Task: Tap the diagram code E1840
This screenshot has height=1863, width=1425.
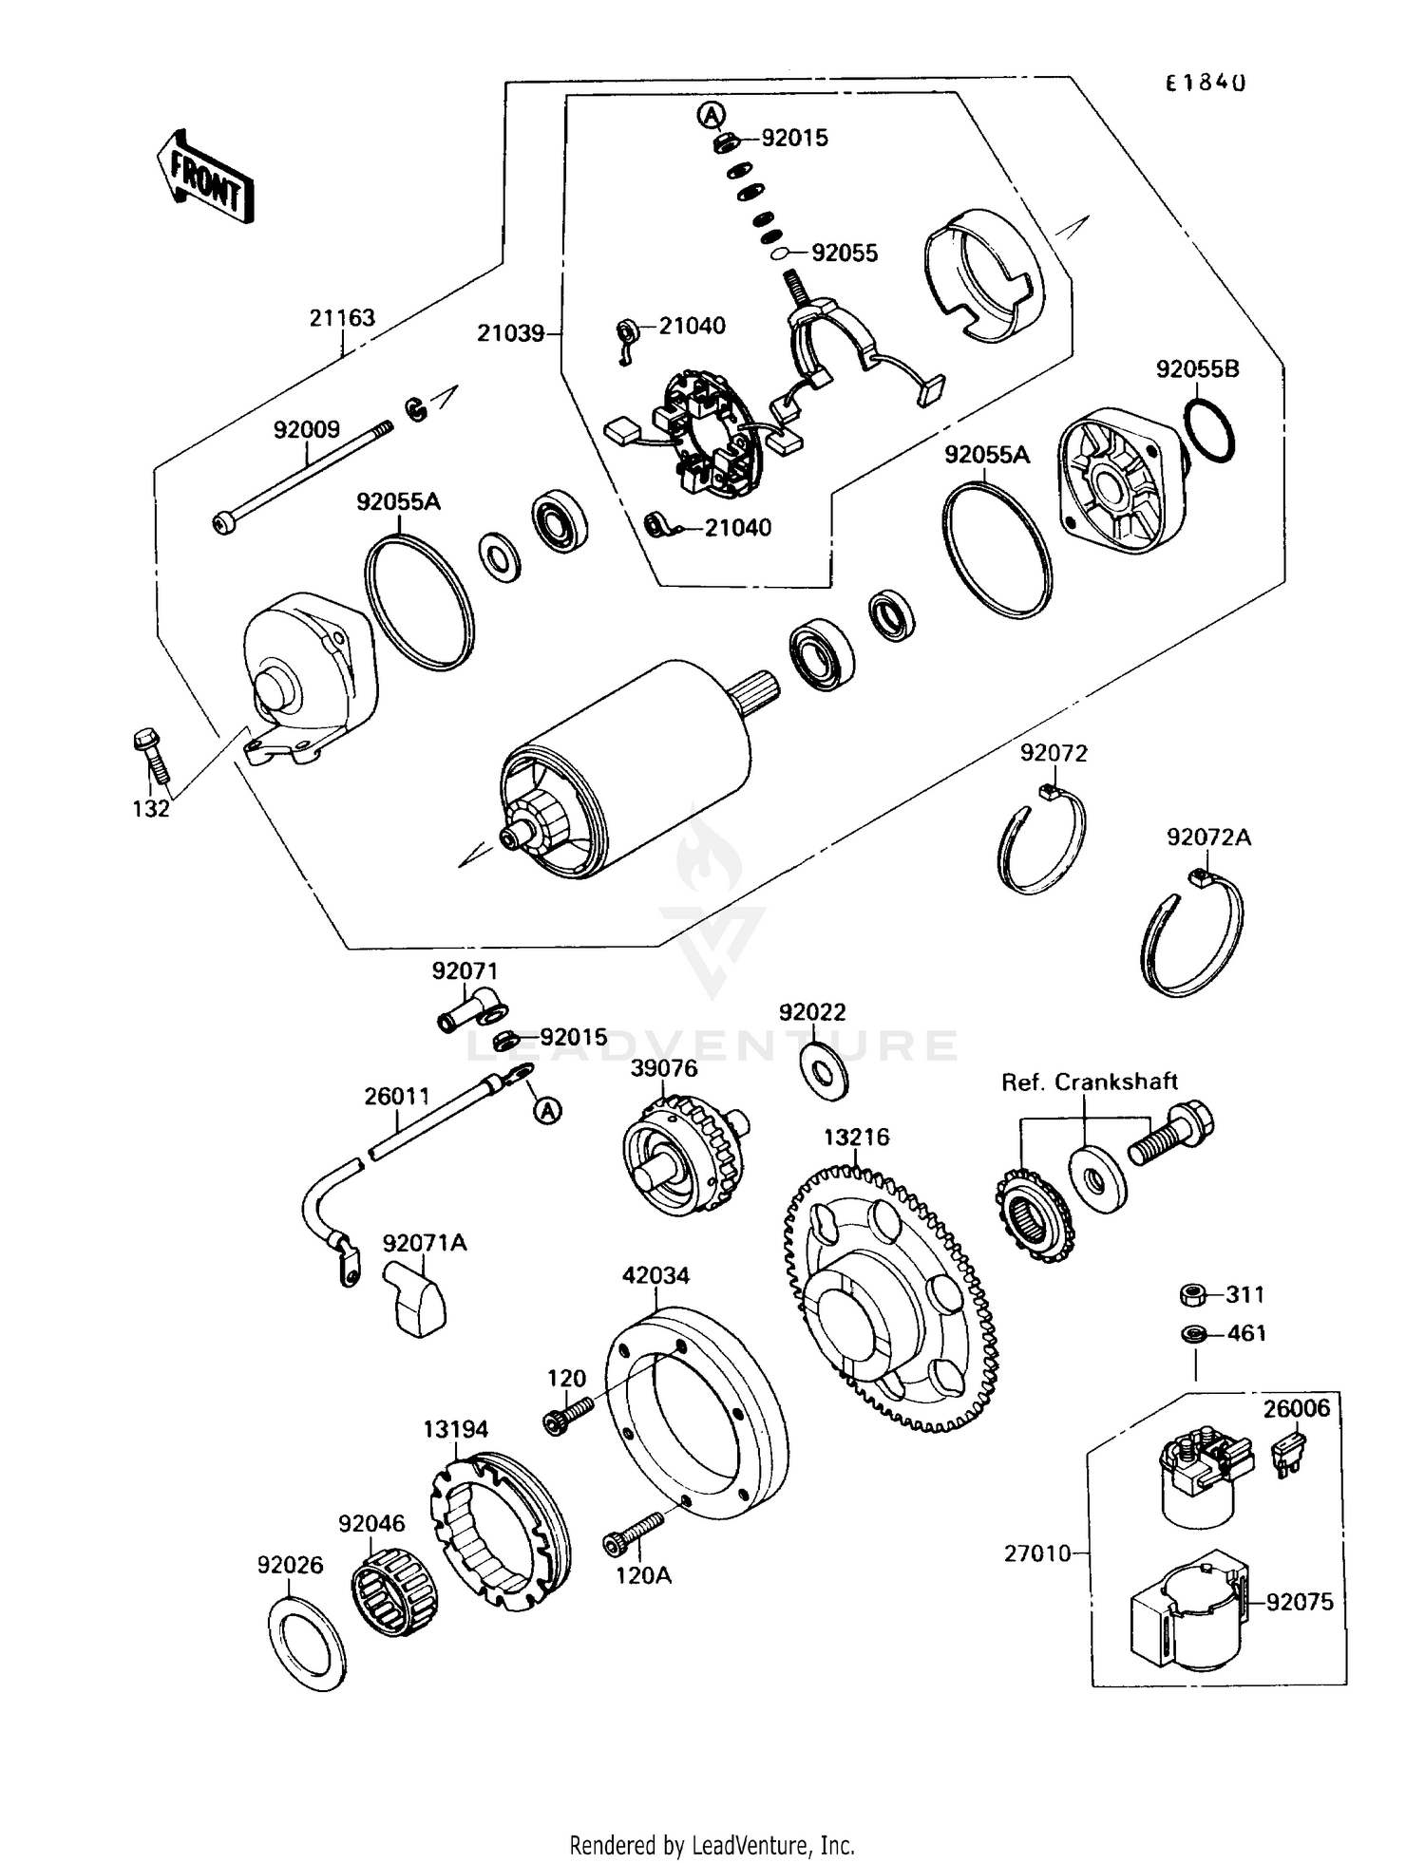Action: click(1206, 83)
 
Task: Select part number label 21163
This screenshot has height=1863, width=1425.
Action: click(342, 318)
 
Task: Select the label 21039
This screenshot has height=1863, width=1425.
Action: click(510, 333)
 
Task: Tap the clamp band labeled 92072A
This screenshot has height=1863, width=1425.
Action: click(1192, 934)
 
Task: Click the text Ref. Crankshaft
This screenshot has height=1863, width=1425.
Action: click(1089, 1082)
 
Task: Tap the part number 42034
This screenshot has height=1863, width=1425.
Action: click(655, 1275)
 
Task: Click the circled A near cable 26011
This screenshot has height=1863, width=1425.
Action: click(547, 1110)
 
